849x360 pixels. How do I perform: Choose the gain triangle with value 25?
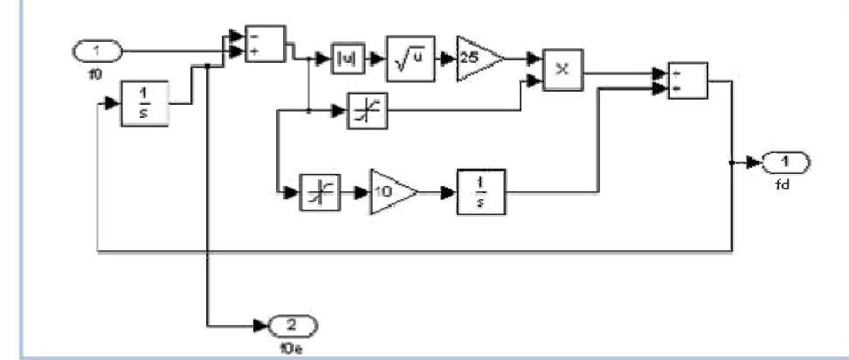coord(477,60)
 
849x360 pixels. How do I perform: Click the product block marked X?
coord(563,69)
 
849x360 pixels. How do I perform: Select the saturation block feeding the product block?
coord(360,113)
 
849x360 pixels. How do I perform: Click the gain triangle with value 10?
coord(390,190)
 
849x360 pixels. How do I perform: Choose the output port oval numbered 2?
coord(294,326)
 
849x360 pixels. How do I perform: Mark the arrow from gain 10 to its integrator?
coord(438,190)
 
